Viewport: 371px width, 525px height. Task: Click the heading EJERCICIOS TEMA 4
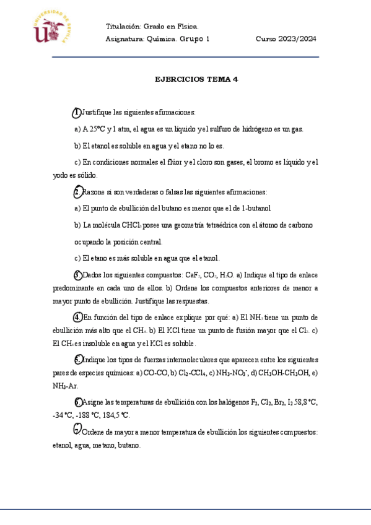tap(196, 79)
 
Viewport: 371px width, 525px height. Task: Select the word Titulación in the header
tap(123, 26)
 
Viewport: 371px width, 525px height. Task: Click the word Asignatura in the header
tap(124, 38)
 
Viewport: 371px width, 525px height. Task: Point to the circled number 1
tap(76, 112)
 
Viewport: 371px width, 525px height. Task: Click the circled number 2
tap(77, 191)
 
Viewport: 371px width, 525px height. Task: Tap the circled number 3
tap(77, 274)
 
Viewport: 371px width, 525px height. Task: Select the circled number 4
tap(77, 317)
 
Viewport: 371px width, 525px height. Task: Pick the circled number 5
tap(77, 359)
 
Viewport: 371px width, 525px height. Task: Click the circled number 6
tap(77, 401)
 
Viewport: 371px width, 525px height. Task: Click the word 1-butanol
tap(255, 208)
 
